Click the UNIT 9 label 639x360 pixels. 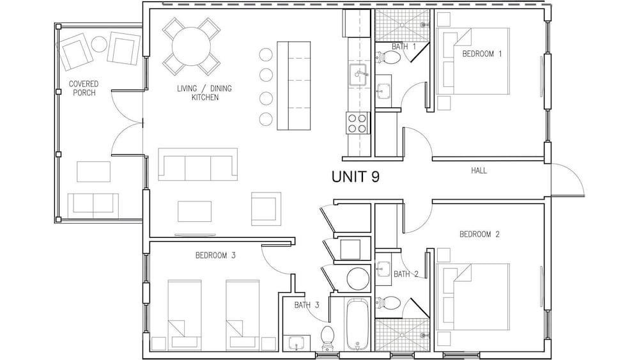355,176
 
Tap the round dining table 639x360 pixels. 191,46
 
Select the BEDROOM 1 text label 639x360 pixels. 482,54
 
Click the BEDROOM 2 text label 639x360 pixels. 479,235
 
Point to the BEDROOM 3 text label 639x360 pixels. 215,256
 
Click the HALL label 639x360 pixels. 479,171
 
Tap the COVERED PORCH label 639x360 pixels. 84,88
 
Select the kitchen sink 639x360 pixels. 357,75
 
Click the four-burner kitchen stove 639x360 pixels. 357,123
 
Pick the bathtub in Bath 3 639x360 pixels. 358,324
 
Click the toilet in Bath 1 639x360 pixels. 388,58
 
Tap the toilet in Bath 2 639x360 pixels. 388,303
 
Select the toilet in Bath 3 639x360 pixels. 327,338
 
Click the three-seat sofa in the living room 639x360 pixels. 197,164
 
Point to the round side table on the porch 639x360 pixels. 98,44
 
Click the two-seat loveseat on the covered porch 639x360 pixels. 93,207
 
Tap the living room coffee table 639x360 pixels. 194,211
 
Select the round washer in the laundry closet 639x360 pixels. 358,278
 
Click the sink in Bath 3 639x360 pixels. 299,343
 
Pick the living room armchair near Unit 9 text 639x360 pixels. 266,208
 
